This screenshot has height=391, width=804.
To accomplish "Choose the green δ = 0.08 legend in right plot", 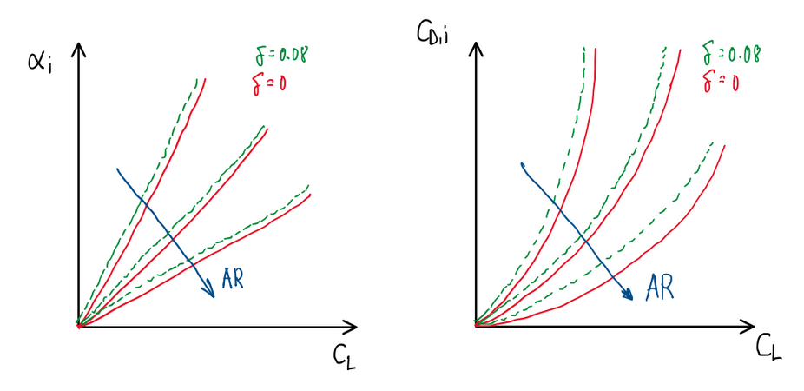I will [732, 54].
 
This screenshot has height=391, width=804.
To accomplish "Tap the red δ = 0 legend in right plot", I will [720, 84].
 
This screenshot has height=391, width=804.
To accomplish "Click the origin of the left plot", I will [79, 327].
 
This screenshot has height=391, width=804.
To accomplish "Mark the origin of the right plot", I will [476, 325].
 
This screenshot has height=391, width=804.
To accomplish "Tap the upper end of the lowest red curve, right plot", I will [724, 146].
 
